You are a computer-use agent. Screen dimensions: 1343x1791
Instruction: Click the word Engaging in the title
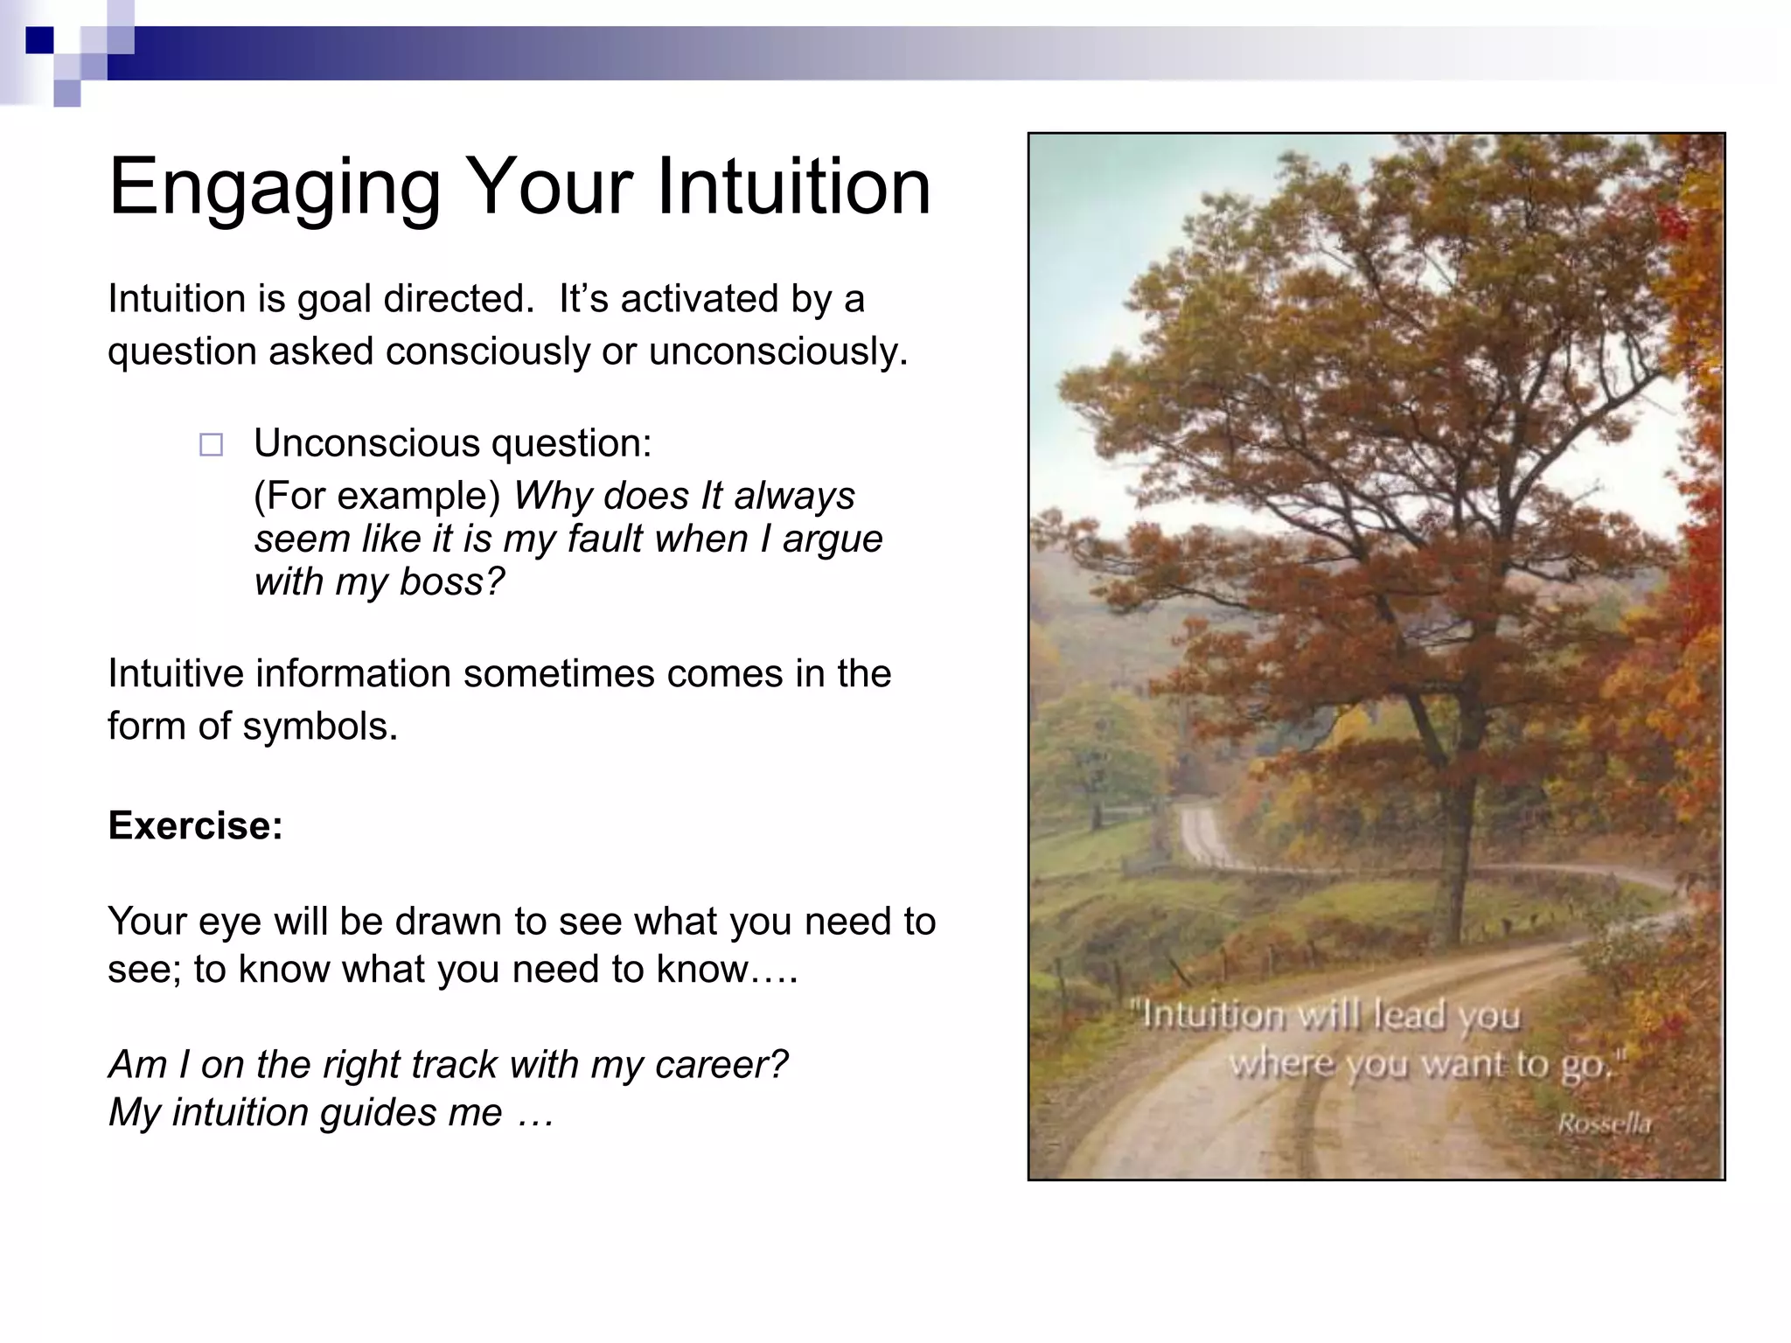coord(275,188)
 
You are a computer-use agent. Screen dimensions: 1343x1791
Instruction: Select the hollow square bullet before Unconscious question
coord(211,445)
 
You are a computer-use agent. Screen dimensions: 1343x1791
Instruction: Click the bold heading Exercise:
coord(195,825)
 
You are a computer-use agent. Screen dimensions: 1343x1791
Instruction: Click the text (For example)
coord(377,496)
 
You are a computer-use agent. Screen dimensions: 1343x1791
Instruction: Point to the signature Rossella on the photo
coord(1604,1124)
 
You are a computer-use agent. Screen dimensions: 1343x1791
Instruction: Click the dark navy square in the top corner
coord(39,40)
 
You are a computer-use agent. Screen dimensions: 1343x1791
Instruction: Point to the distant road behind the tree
coord(1202,834)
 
